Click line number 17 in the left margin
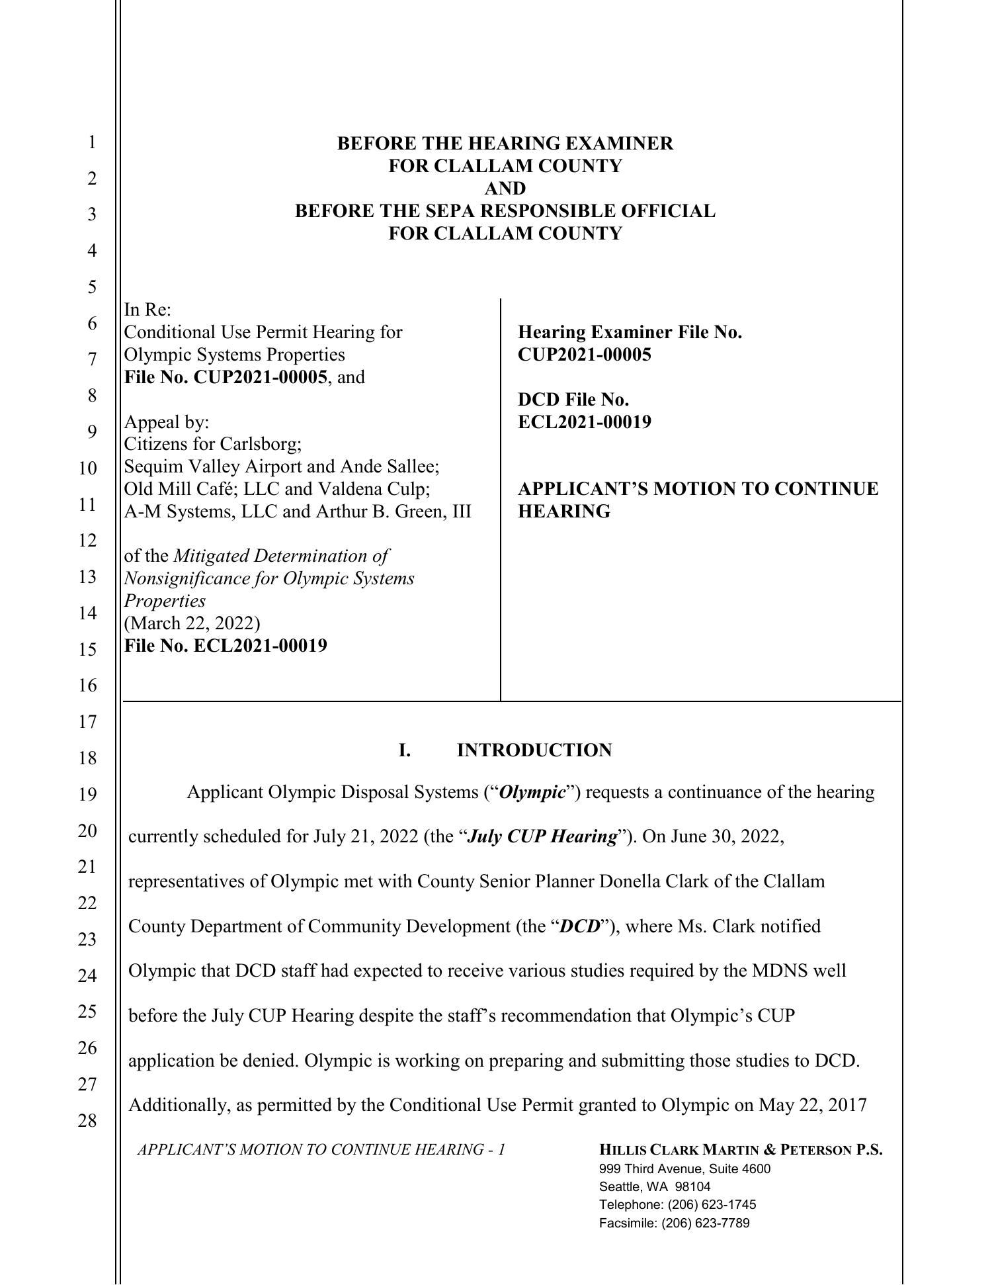pyautogui.click(x=87, y=721)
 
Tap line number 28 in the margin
pyautogui.click(x=87, y=1120)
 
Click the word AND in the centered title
pyautogui.click(x=505, y=189)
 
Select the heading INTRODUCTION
pyautogui.click(x=534, y=750)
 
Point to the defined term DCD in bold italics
pyautogui.click(x=579, y=926)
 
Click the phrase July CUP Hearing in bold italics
pyautogui.click(x=542, y=836)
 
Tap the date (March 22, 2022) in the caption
pyautogui.click(x=192, y=623)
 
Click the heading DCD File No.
pyautogui.click(x=573, y=400)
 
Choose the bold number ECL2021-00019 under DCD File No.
pyautogui.click(x=584, y=422)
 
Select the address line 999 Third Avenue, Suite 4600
pyautogui.click(x=684, y=1169)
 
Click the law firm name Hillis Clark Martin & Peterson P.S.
pyautogui.click(x=740, y=1150)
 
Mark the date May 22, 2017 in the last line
pyautogui.click(x=812, y=1105)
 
